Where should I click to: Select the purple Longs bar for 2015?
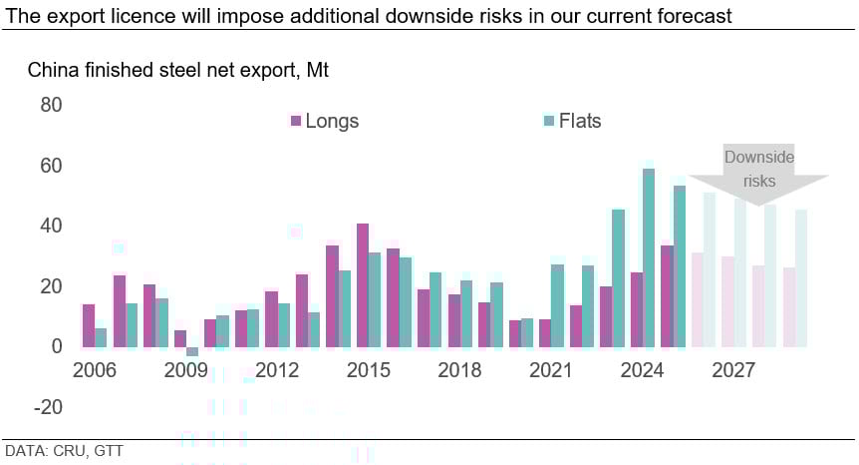[363, 285]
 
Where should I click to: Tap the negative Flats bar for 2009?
[192, 351]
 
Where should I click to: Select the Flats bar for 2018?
[466, 313]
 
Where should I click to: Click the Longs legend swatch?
[295, 122]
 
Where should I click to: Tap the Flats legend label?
[580, 122]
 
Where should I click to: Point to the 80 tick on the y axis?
[51, 105]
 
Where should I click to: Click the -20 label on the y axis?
[47, 407]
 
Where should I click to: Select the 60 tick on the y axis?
[51, 166]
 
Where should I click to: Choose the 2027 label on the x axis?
[733, 371]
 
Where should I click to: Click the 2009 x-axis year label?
[186, 371]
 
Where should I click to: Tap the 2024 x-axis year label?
[642, 371]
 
